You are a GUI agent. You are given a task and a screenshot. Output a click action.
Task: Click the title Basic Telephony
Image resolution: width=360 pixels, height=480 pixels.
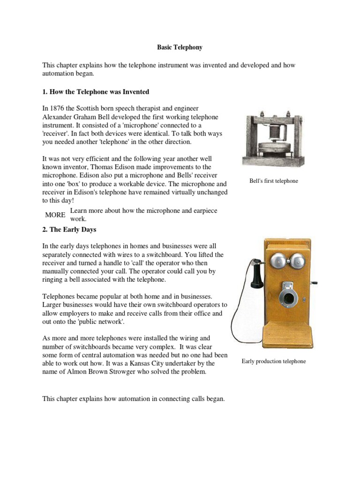click(x=180, y=47)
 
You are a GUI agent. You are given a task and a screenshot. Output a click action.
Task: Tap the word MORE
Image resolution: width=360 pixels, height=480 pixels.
click(x=55, y=215)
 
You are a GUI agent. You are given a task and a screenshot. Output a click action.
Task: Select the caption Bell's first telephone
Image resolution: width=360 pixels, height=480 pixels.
click(x=273, y=180)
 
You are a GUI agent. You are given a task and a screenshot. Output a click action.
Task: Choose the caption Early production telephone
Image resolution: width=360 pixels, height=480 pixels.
click(x=273, y=361)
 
